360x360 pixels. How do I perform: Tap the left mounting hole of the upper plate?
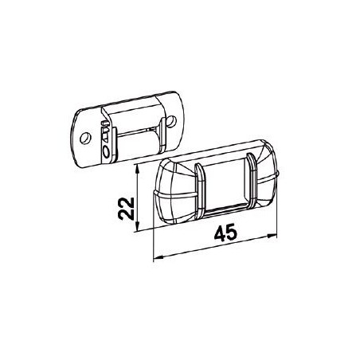tap(80, 135)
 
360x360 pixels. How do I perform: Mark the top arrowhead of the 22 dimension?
tap(140, 169)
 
